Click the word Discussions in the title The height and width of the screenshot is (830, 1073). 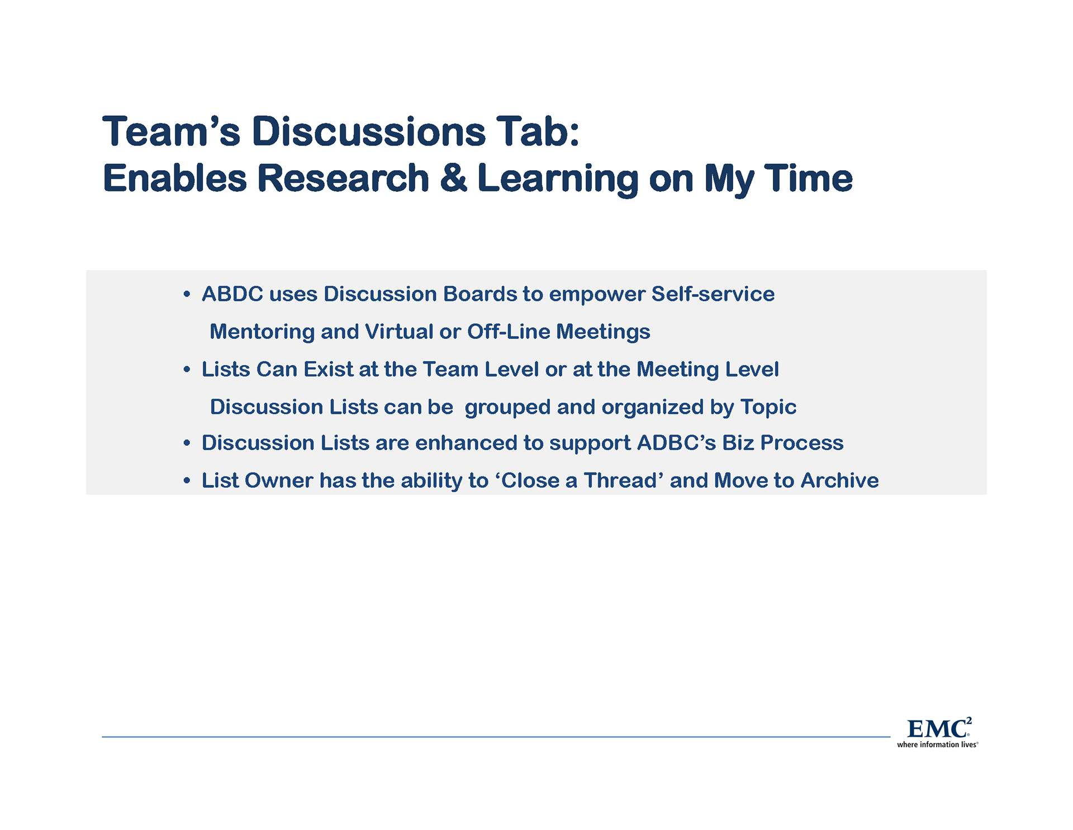(x=369, y=132)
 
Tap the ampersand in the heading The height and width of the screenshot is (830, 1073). (x=453, y=178)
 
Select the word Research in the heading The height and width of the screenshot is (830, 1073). (x=343, y=178)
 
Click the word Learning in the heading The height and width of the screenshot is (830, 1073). (x=558, y=179)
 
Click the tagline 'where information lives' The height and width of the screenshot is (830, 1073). (x=937, y=744)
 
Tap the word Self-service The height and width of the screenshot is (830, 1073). (x=713, y=294)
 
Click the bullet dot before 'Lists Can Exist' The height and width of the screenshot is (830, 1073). (x=187, y=369)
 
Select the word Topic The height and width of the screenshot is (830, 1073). (x=768, y=407)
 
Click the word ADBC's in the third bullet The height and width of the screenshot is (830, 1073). (x=676, y=443)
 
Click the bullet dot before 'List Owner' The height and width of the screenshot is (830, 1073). (x=187, y=480)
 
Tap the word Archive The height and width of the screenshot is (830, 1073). (x=839, y=480)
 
